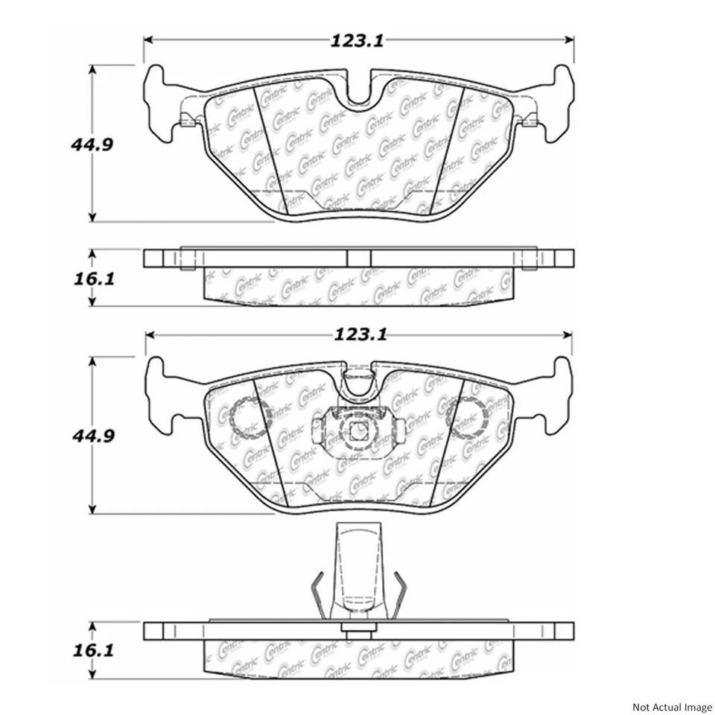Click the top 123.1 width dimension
point(358,42)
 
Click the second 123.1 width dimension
point(358,335)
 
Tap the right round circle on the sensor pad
point(468,418)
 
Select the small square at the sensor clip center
point(357,430)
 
